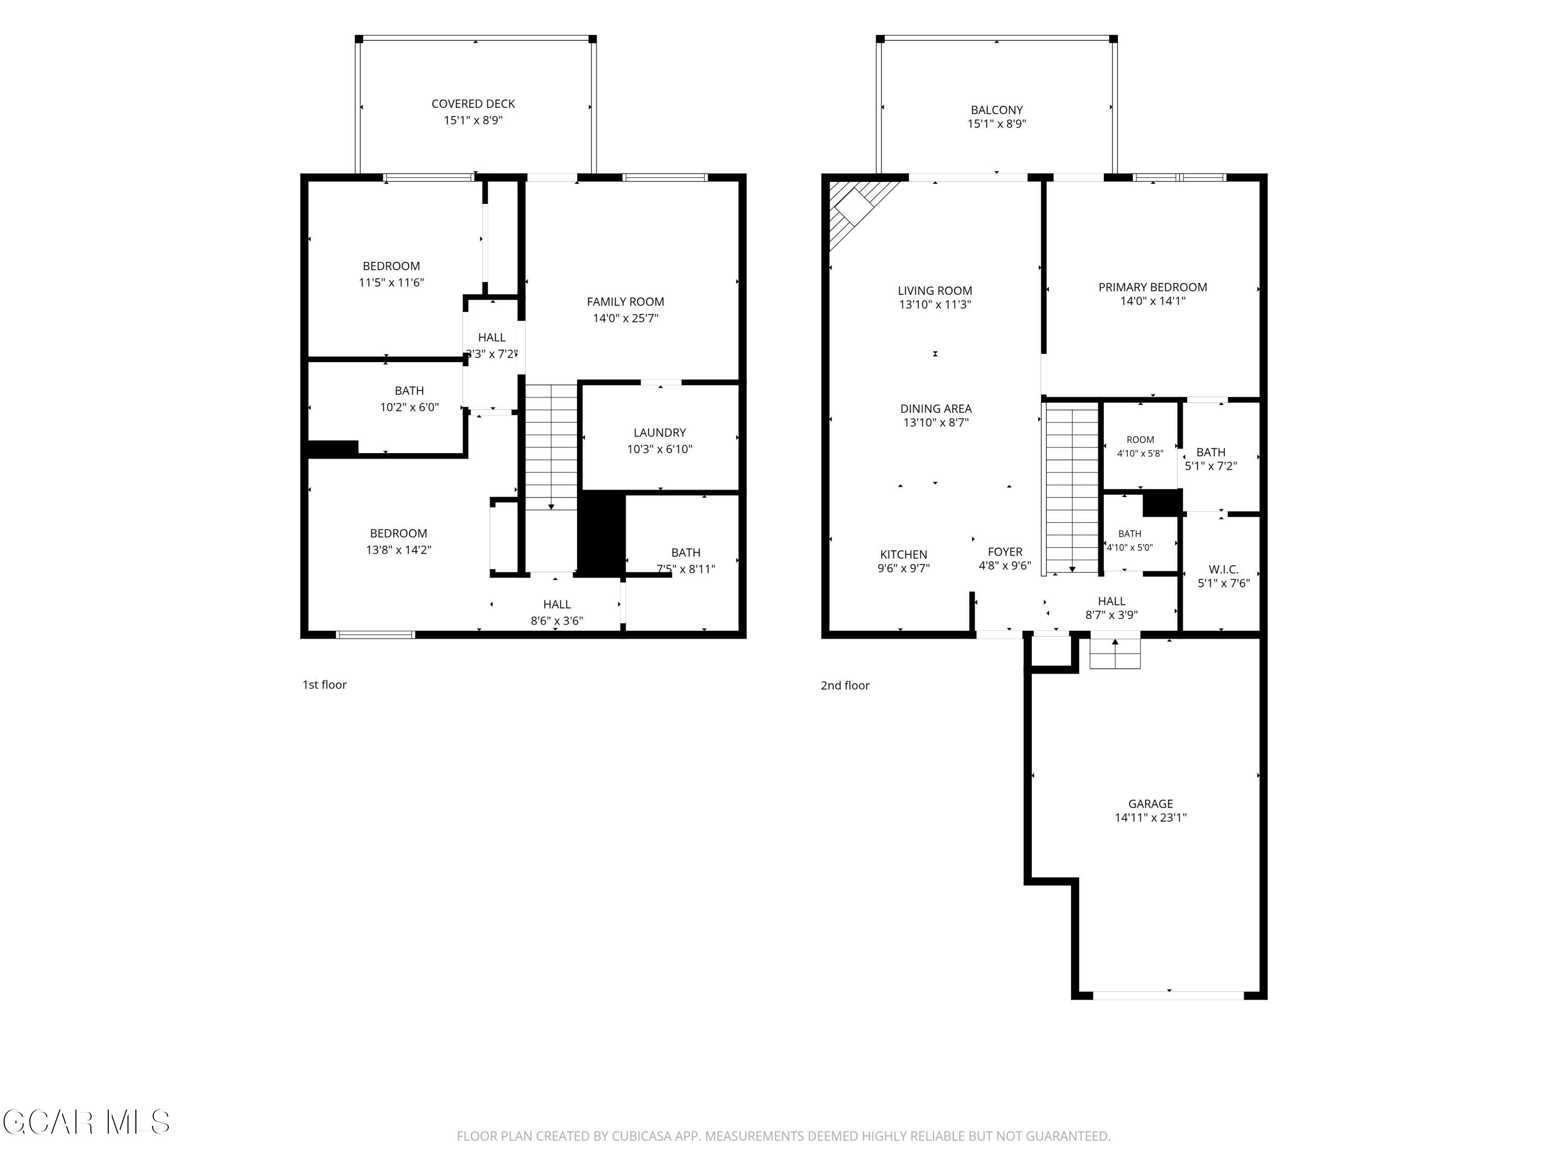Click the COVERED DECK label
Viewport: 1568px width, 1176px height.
click(x=473, y=104)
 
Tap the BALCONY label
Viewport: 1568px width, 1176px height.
click(x=997, y=110)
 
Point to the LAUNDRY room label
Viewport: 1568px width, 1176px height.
click(x=659, y=432)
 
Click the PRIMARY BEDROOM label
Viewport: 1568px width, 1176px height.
click(x=1152, y=287)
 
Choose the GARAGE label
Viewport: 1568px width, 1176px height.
click(x=1150, y=804)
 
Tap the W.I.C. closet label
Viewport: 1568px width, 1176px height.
click(x=1224, y=569)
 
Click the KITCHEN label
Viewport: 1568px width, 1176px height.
click(x=904, y=555)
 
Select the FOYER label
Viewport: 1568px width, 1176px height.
click(x=1005, y=551)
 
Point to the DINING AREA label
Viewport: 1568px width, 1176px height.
click(x=936, y=408)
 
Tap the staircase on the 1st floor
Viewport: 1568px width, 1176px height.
click(x=551, y=446)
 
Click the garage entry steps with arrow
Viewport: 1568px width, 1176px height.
click(x=1115, y=653)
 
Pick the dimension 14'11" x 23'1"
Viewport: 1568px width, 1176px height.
click(x=1150, y=817)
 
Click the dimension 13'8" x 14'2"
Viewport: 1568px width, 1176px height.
click(x=398, y=549)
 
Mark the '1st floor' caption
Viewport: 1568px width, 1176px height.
click(x=325, y=685)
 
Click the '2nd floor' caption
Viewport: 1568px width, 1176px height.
click(x=845, y=685)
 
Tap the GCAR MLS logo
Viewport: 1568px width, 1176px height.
click(x=86, y=1122)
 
